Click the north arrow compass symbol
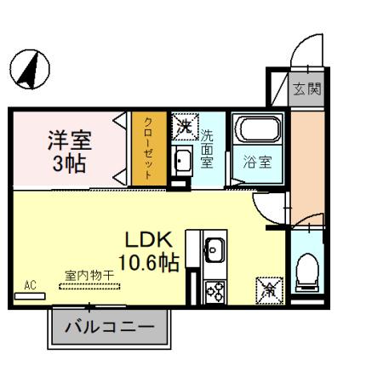[x=30, y=69]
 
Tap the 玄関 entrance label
[x=308, y=89]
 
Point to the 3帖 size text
[x=69, y=163]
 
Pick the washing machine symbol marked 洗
[x=184, y=126]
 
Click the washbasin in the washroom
[x=181, y=160]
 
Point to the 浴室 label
[x=258, y=162]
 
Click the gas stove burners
[x=214, y=290]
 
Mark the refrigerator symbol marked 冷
[x=267, y=289]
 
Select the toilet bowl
[x=306, y=272]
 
